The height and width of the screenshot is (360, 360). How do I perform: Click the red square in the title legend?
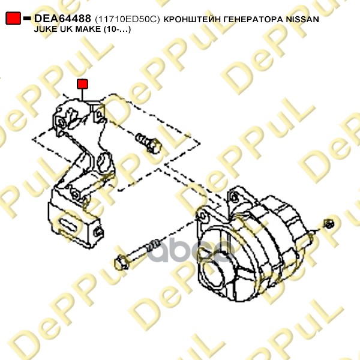13,18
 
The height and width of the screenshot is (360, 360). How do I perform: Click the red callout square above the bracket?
82,84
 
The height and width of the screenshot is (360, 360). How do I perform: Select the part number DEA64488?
62,19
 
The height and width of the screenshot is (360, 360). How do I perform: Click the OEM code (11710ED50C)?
127,19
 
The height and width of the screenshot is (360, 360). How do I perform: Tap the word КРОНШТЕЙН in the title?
192,20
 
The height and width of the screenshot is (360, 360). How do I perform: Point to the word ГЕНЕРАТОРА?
253,20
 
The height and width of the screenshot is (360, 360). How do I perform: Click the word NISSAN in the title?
302,20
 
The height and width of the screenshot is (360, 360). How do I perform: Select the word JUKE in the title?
44,29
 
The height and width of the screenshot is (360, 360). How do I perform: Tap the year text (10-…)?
118,29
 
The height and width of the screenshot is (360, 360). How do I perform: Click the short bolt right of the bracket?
148,143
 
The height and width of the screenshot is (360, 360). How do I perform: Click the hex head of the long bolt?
121,263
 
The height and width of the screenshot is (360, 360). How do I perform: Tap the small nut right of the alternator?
329,224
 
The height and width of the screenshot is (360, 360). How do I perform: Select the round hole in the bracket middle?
103,163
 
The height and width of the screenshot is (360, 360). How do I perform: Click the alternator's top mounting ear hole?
235,197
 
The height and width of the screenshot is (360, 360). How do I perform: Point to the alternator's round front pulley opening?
212,273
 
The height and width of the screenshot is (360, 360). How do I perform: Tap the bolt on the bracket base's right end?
98,232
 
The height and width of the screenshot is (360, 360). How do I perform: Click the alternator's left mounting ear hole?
203,215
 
